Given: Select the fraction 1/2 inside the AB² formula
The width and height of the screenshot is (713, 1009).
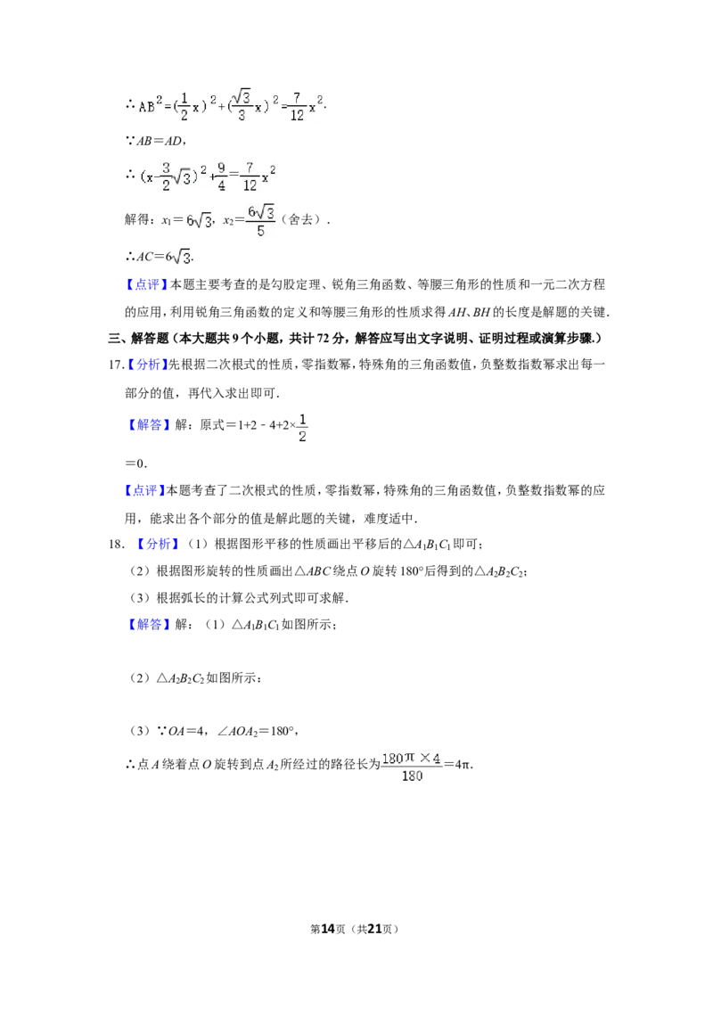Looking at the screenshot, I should pyautogui.click(x=184, y=107).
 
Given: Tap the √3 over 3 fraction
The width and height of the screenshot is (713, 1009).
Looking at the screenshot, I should pyautogui.click(x=241, y=105).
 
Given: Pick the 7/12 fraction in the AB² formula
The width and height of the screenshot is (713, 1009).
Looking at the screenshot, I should pyautogui.click(x=297, y=107).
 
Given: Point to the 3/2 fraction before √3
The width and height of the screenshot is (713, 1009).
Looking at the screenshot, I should pyautogui.click(x=166, y=176).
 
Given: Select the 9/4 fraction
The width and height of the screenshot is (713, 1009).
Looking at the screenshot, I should pyautogui.click(x=222, y=176).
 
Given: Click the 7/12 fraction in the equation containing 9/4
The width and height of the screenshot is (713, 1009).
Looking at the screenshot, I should pyautogui.click(x=250, y=176).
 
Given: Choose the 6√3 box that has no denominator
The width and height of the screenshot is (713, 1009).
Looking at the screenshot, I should pyautogui.click(x=198, y=221).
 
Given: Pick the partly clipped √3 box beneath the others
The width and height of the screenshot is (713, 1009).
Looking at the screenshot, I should pyautogui.click(x=179, y=258).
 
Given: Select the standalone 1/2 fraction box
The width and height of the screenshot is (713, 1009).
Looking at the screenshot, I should pyautogui.click(x=303, y=428).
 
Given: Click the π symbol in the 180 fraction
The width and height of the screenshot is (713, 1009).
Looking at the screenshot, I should pyautogui.click(x=411, y=758).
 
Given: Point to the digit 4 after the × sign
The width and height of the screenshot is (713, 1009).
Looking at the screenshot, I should pyautogui.click(x=436, y=759).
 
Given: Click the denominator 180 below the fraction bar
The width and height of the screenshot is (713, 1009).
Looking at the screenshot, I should pyautogui.click(x=412, y=776).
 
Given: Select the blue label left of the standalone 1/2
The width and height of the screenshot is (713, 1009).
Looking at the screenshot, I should pyautogui.click(x=149, y=425).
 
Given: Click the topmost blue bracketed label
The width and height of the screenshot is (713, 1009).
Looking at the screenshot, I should pyautogui.click(x=146, y=284).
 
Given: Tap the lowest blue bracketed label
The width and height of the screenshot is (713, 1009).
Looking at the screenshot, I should pyautogui.click(x=149, y=625).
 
